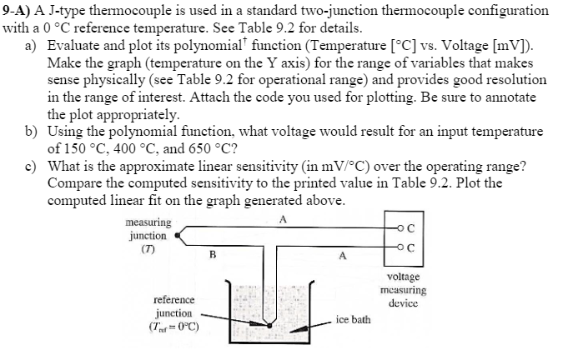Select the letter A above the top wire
[x=284, y=219]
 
